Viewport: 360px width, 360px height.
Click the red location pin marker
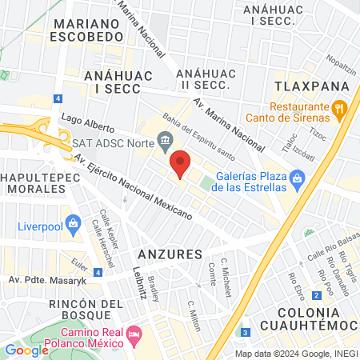[x=180, y=163]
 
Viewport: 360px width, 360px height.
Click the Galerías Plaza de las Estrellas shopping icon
[x=299, y=178]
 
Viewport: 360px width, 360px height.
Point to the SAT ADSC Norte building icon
[x=165, y=144]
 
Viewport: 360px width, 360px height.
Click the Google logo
[x=26, y=350]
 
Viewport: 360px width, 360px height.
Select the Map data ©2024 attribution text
[x=294, y=354]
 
